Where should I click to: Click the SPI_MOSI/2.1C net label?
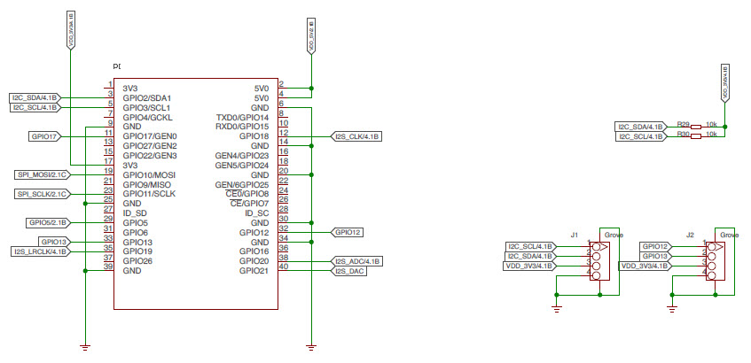tap(42, 174)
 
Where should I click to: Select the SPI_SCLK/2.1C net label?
tap(42, 194)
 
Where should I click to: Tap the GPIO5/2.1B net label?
tap(48, 223)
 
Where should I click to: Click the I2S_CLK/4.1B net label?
tap(356, 136)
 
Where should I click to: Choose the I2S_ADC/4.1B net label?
tap(356, 262)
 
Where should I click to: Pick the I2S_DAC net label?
tap(350, 272)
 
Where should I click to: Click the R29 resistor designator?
tap(682, 126)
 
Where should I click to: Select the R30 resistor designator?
tap(682, 135)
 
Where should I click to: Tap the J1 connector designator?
tap(575, 235)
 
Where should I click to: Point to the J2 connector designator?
tap(690, 235)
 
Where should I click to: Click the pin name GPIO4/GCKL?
tap(148, 117)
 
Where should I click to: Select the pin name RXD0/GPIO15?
tap(242, 127)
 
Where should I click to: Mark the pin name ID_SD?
tap(136, 213)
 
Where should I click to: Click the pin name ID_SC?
tap(256, 213)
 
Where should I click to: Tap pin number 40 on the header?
tap(284, 267)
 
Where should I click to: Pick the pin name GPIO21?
tap(254, 272)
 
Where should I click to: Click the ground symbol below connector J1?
tap(556, 306)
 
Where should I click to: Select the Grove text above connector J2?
tap(729, 235)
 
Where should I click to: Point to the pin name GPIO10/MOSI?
tap(149, 175)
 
